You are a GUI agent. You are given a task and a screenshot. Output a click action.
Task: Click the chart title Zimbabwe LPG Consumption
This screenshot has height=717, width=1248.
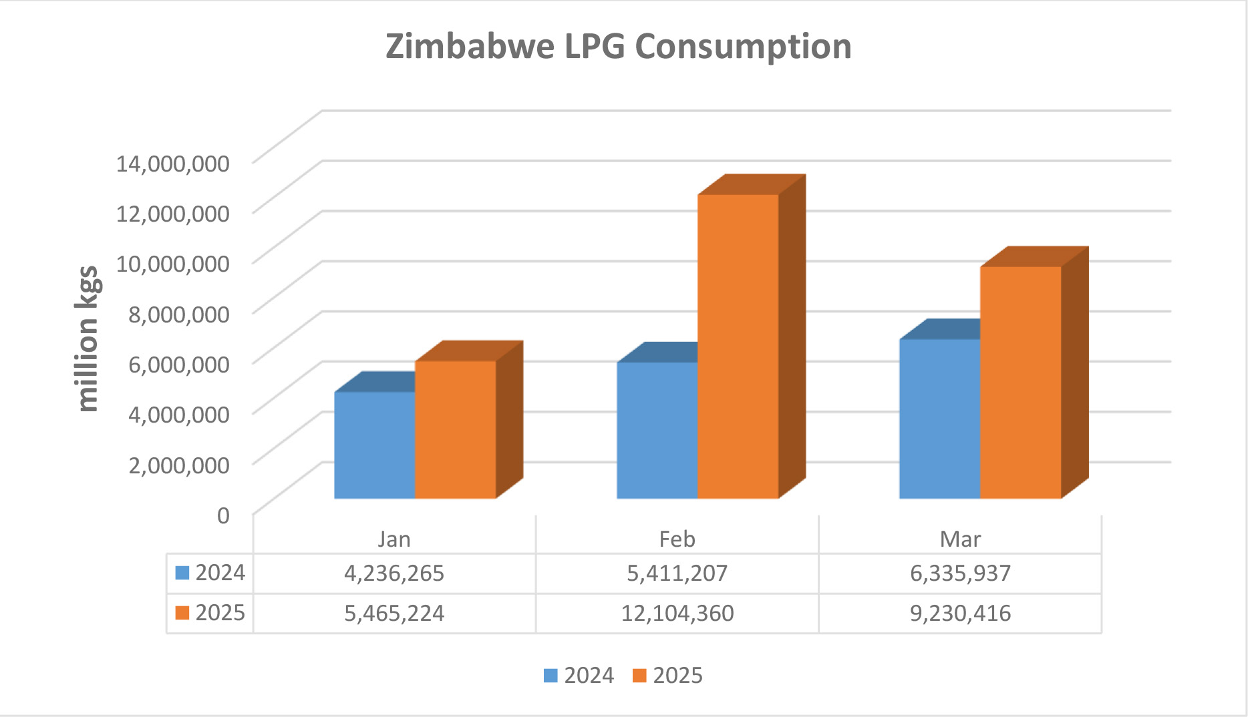[x=618, y=47]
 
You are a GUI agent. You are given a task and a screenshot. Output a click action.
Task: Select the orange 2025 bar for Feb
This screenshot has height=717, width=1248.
[x=738, y=347]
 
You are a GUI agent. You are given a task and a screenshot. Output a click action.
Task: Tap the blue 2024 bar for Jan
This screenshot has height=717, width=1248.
[x=374, y=445]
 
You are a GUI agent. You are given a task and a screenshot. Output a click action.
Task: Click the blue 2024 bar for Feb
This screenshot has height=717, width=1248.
[x=657, y=431]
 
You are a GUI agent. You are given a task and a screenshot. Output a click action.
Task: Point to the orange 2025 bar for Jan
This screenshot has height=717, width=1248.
[x=455, y=430]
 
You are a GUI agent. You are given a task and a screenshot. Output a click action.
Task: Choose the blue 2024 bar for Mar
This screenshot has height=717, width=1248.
[x=939, y=419]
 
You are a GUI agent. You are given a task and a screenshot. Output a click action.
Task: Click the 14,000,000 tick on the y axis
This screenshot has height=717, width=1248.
[x=172, y=163]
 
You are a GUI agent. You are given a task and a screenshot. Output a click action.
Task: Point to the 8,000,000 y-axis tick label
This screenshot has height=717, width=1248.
[x=178, y=314]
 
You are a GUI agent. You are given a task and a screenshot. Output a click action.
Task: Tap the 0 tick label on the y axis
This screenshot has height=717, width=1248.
[x=223, y=515]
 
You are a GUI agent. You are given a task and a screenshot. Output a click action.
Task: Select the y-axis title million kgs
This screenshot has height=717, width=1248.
[x=88, y=338]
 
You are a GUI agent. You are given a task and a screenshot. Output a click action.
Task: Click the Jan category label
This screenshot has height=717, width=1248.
[x=394, y=539]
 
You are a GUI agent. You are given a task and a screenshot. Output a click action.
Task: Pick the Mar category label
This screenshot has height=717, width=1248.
[x=960, y=539]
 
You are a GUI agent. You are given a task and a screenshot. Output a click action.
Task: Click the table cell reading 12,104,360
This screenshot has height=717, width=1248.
[x=677, y=613]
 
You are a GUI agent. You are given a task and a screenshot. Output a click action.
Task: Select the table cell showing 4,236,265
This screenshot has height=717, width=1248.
[x=394, y=573]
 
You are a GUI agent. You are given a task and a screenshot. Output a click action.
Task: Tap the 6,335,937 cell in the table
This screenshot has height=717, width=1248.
[x=960, y=573]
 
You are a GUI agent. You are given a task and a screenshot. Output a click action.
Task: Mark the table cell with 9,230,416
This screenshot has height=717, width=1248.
[x=960, y=613]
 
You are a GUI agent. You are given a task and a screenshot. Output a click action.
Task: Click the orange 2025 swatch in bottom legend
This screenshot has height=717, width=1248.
[x=639, y=676]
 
